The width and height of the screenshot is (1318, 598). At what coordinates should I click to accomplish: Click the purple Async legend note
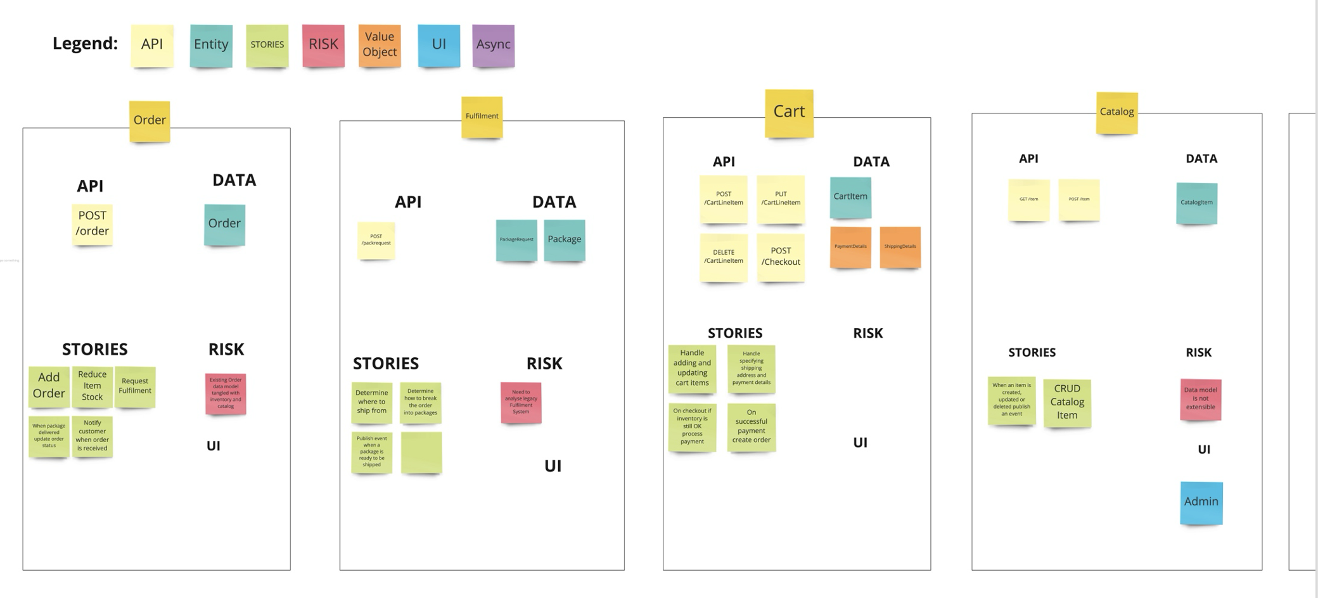[x=493, y=45]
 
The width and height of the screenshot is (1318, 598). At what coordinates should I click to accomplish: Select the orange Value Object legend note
[x=380, y=45]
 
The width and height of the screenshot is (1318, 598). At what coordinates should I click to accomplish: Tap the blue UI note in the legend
[x=438, y=45]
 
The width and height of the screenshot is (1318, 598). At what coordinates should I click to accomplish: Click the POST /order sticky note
[x=93, y=224]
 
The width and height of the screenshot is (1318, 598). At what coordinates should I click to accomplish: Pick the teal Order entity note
[x=224, y=224]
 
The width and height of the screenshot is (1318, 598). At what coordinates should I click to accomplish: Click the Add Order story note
[x=49, y=386]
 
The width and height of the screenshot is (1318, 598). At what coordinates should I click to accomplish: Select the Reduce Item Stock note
[x=92, y=386]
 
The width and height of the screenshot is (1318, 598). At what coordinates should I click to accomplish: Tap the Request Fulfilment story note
[x=135, y=386]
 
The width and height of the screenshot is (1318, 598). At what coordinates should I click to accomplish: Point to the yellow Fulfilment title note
[x=482, y=117]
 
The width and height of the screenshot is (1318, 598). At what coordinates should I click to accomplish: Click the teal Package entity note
[x=564, y=239]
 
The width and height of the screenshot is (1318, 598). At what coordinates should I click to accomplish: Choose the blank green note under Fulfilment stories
[x=421, y=452]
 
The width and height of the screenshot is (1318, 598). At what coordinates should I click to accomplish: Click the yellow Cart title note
[x=789, y=112]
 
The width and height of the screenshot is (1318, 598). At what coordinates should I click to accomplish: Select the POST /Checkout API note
[x=781, y=257]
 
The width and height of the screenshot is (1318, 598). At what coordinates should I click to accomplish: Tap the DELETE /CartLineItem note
[x=724, y=257]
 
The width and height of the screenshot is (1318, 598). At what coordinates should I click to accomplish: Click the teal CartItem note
[x=850, y=197]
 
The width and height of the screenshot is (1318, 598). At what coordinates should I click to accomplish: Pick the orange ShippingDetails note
[x=900, y=246]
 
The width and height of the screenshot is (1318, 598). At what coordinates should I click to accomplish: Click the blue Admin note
[x=1201, y=502]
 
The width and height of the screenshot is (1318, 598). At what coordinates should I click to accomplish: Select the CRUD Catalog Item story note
[x=1067, y=402]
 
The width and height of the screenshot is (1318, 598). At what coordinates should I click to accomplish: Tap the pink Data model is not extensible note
[x=1200, y=399]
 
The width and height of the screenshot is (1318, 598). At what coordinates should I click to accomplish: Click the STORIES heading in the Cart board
[x=735, y=333]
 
